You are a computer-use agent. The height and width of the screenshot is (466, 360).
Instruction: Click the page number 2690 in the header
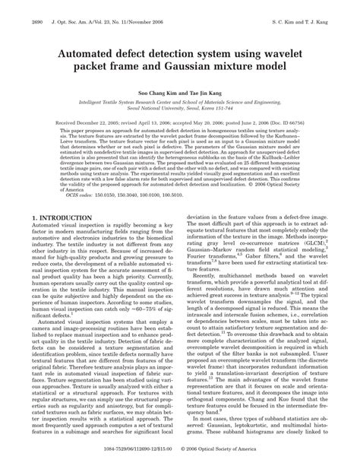17,8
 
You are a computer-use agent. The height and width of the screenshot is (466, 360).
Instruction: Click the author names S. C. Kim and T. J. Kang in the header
314,8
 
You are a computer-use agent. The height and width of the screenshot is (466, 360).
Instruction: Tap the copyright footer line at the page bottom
180,459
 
